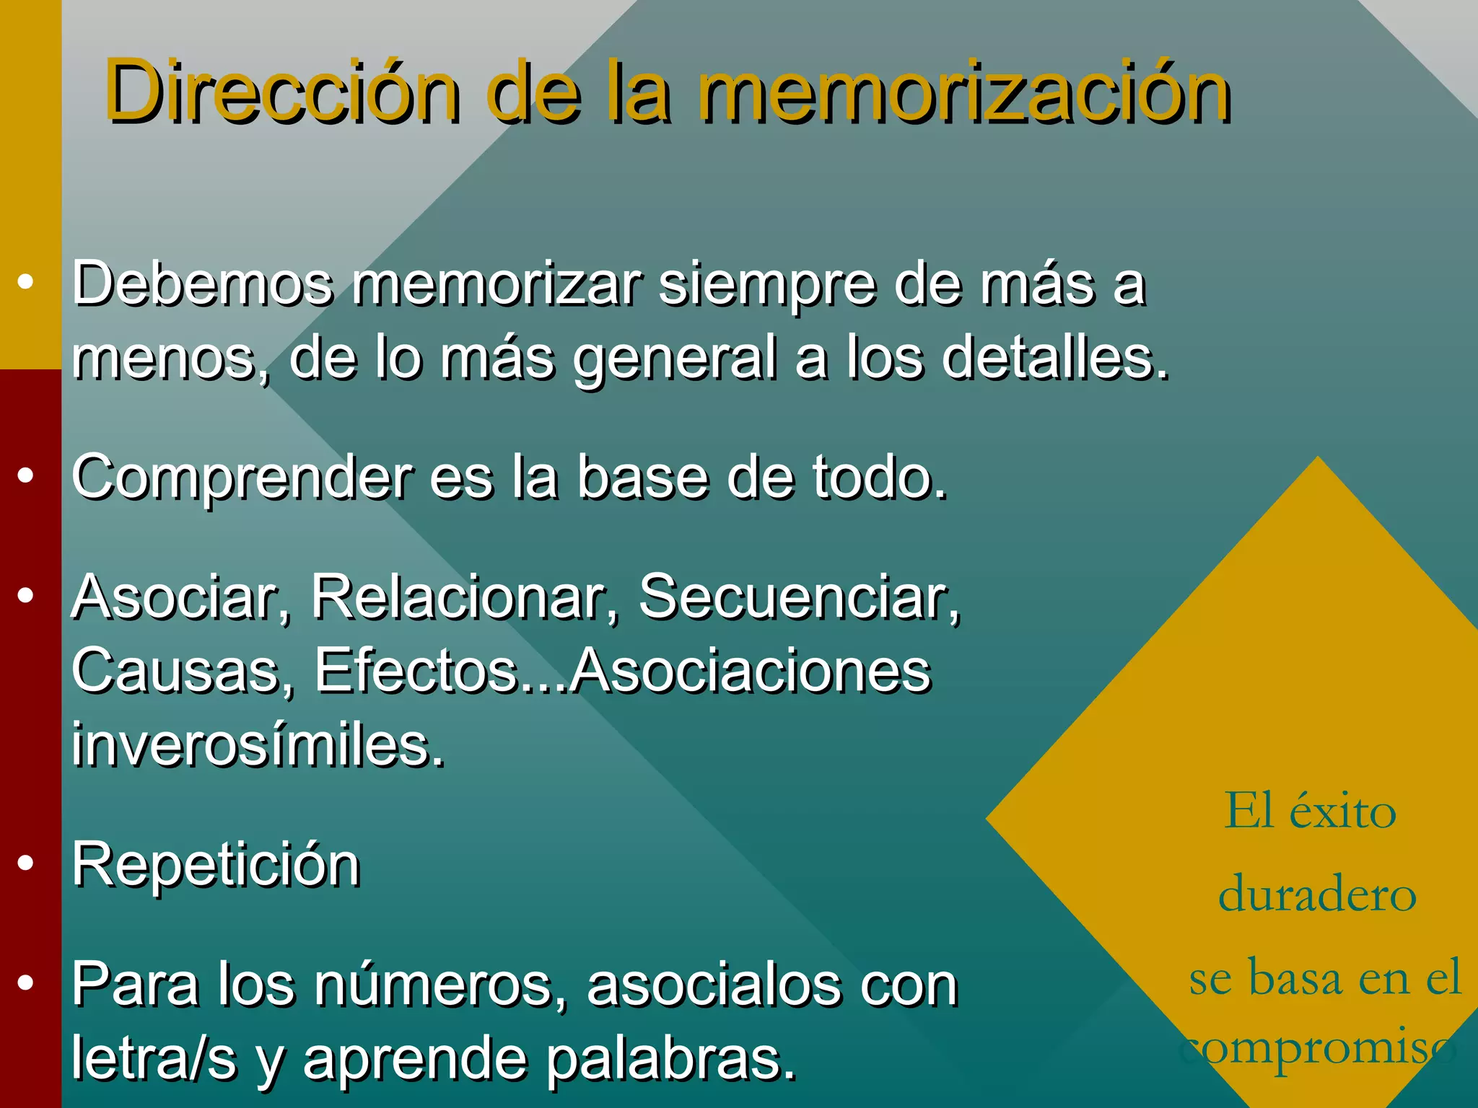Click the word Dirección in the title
(x=282, y=92)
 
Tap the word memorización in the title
(x=964, y=92)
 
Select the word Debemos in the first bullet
(x=203, y=283)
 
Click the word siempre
(x=766, y=283)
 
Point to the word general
(x=675, y=359)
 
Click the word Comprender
(x=242, y=478)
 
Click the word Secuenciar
(x=800, y=597)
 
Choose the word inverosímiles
(x=258, y=744)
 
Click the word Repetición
(x=216, y=864)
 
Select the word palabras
(x=670, y=1058)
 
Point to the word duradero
(x=1318, y=894)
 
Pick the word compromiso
(x=1318, y=1048)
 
